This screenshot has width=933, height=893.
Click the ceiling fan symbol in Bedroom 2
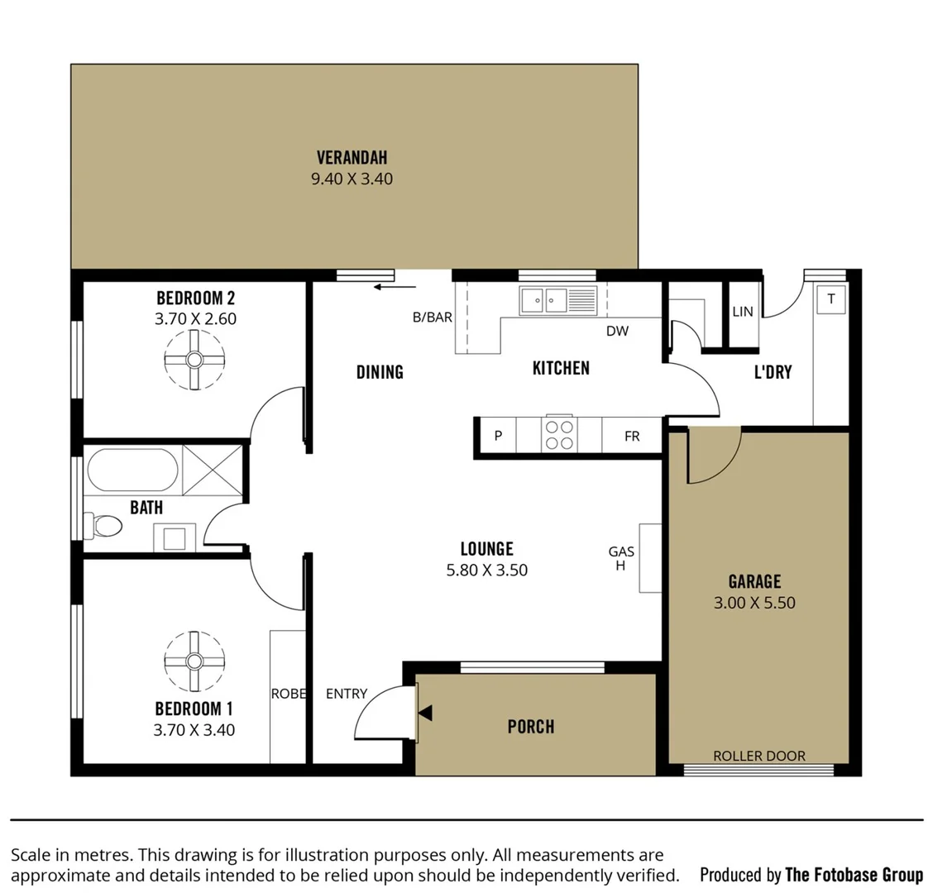point(194,360)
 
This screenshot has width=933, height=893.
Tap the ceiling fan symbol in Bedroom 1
point(194,661)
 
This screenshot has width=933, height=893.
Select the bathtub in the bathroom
point(132,470)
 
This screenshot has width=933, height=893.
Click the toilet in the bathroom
point(103,525)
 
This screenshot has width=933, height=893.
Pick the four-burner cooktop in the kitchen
point(558,435)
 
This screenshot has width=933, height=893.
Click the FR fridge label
point(632,436)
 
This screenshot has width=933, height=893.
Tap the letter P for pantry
point(498,436)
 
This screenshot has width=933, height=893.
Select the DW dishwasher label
point(617,331)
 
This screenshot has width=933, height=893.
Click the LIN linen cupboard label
point(743,312)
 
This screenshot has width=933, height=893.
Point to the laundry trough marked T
point(831,299)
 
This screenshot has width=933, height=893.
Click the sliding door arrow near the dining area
point(395,287)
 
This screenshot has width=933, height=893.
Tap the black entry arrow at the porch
point(424,713)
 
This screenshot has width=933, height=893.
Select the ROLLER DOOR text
point(758,756)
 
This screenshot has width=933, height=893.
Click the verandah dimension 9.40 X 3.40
point(352,179)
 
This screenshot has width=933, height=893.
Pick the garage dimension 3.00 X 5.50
point(754,603)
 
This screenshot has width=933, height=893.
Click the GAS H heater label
point(621,559)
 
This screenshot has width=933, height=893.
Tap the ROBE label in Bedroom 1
point(289,694)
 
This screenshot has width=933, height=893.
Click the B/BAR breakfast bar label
point(433,317)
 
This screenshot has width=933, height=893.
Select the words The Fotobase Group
point(854,874)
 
